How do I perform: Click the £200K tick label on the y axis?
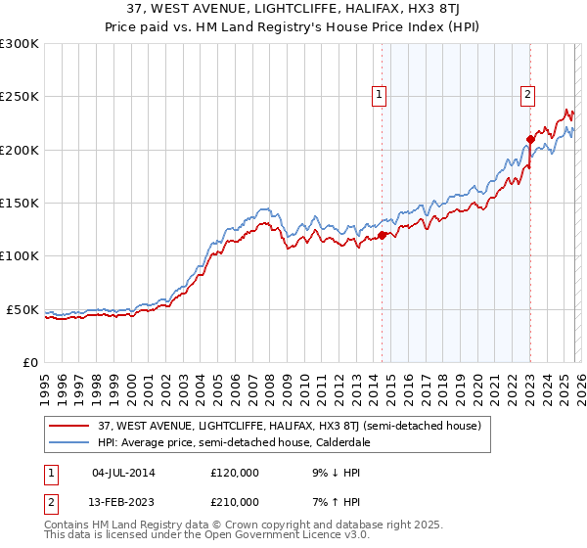click(19, 150)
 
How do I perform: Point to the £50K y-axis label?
click(23, 309)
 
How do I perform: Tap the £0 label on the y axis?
click(30, 362)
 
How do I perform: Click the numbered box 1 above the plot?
click(378, 95)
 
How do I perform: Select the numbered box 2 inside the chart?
click(527, 95)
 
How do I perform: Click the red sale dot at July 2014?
click(382, 235)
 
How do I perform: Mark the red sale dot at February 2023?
click(530, 139)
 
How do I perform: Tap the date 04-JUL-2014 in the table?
click(123, 472)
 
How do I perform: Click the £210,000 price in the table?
click(235, 501)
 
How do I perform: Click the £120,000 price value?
click(235, 472)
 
